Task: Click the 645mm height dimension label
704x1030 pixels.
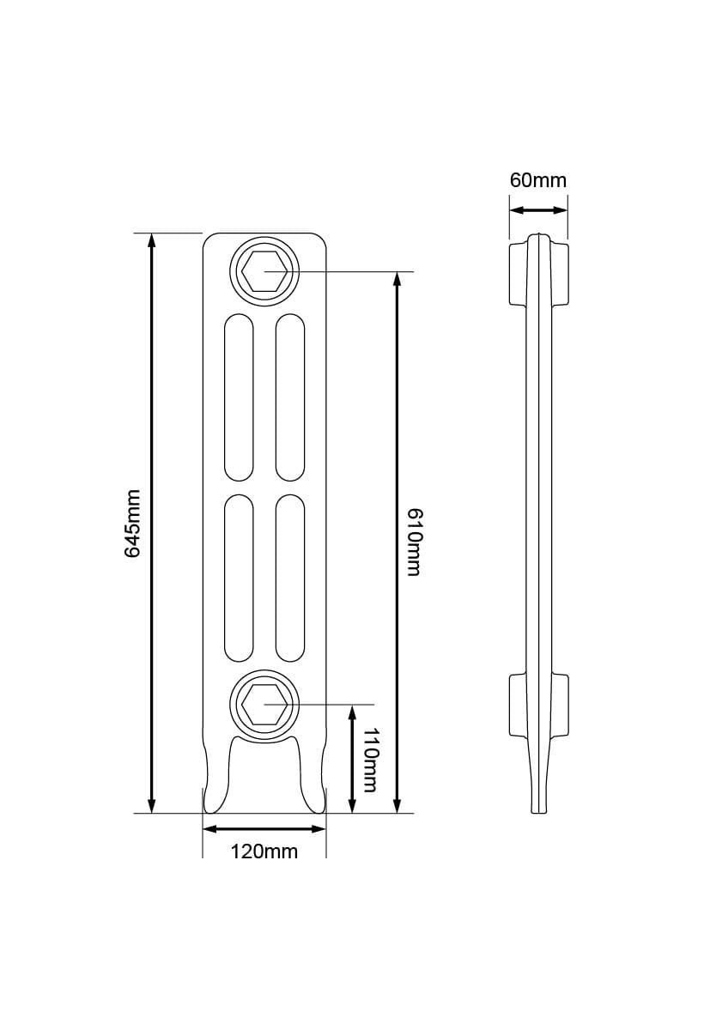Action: pyautogui.click(x=132, y=524)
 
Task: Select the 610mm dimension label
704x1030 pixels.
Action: pyautogui.click(x=413, y=542)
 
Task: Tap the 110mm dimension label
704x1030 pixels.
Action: pyautogui.click(x=369, y=760)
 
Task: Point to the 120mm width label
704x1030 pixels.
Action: pyautogui.click(x=264, y=851)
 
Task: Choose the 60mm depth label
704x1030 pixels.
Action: pyautogui.click(x=538, y=180)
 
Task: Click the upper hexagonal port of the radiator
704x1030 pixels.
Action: pyautogui.click(x=264, y=272)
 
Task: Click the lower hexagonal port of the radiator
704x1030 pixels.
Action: pyautogui.click(x=264, y=705)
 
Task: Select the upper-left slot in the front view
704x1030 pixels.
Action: pyautogui.click(x=239, y=397)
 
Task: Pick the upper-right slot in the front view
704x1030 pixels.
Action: pyautogui.click(x=290, y=397)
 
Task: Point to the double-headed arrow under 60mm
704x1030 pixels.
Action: pyautogui.click(x=538, y=209)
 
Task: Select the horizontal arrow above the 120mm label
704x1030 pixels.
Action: pyautogui.click(x=264, y=829)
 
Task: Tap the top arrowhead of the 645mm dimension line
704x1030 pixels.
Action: pyautogui.click(x=152, y=240)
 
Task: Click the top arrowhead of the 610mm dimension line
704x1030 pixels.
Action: pyautogui.click(x=397, y=280)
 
